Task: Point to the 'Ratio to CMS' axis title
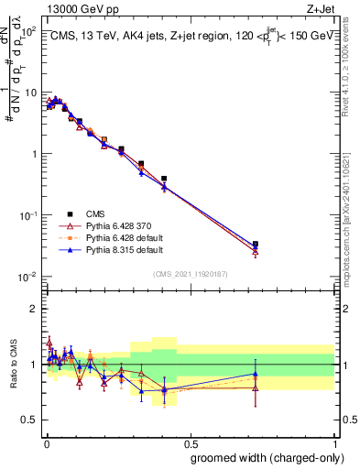point(12,365)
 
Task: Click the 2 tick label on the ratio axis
point(33,309)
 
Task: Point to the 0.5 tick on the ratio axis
point(29,420)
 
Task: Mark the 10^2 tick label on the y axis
point(26,32)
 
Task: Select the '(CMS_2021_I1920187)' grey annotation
point(189,273)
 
